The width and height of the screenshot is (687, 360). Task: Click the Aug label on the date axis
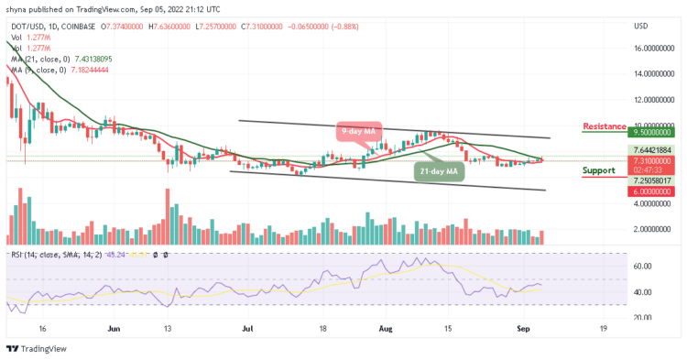pyautogui.click(x=384, y=326)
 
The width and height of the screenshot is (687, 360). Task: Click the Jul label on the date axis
pyautogui.click(x=247, y=326)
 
